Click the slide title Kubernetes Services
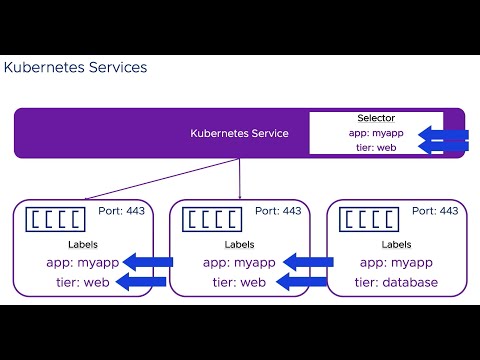coord(75,68)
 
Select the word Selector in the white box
coord(376,118)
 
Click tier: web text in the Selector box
coord(377,147)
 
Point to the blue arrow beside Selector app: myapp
coord(442,134)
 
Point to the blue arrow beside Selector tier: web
coord(442,148)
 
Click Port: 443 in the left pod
coord(122,211)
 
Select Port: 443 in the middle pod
coord(278,211)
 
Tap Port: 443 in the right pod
coord(434,211)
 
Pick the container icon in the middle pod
coord(213,219)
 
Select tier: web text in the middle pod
coord(239,282)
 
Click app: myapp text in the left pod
coord(82,263)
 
